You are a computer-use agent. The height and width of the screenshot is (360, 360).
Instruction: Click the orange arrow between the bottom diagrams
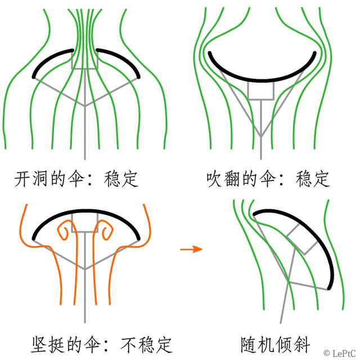[x=191, y=249]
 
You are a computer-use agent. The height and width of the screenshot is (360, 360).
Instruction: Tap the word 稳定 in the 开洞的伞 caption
[x=121, y=179]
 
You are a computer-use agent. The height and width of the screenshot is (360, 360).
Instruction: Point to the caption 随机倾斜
[x=276, y=344]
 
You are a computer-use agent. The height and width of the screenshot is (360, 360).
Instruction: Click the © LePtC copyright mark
[x=339, y=353]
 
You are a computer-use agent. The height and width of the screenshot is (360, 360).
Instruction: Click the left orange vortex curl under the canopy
[x=63, y=230]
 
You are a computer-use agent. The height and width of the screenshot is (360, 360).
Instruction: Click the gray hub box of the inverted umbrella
[x=261, y=91]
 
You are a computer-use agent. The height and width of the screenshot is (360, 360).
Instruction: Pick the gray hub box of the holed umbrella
[x=85, y=60]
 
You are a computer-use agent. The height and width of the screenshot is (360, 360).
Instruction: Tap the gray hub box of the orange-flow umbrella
[x=85, y=223]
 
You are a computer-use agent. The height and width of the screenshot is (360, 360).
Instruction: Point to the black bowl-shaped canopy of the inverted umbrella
[x=261, y=80]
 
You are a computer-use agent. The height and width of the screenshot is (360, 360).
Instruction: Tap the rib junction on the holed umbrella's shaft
[x=85, y=106]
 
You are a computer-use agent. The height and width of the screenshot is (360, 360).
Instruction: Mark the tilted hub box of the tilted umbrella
[x=302, y=238]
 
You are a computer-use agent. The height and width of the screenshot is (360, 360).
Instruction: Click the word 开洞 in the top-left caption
[x=31, y=179]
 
